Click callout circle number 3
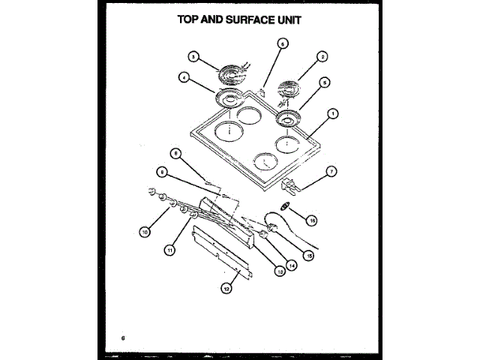(193, 56)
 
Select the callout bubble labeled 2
(322, 56)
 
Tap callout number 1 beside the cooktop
(332, 114)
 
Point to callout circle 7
(331, 171)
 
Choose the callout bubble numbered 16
(312, 220)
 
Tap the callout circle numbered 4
(183, 76)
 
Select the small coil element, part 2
(289, 91)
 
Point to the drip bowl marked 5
(286, 118)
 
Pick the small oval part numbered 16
(284, 206)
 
